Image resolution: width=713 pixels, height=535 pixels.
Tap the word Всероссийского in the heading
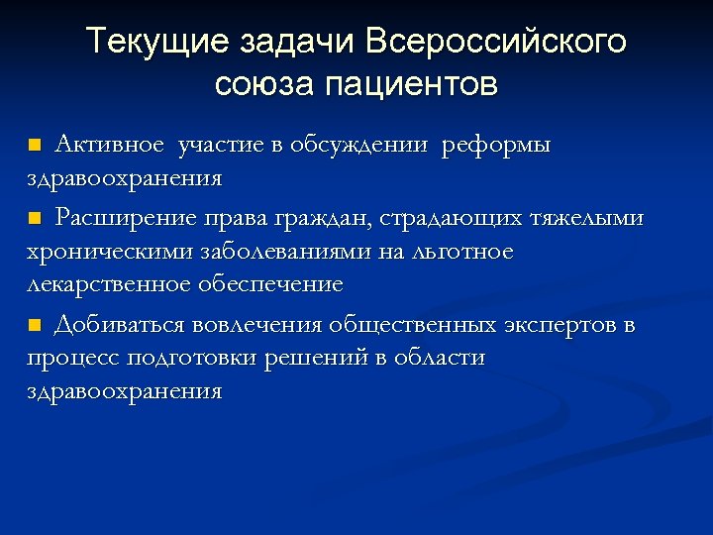[x=496, y=43]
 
